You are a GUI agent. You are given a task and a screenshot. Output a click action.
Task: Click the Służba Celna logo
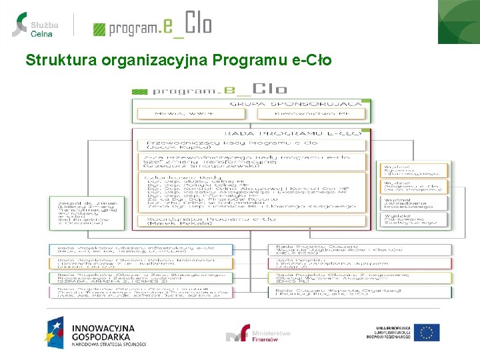[x=35, y=24]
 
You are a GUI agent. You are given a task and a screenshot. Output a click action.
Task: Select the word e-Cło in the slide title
[x=311, y=61]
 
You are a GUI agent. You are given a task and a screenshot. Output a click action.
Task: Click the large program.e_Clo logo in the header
[x=153, y=25]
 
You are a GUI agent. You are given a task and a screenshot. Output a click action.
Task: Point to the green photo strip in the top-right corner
[x=459, y=21]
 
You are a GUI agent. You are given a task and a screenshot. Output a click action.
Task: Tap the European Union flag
[x=426, y=333]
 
